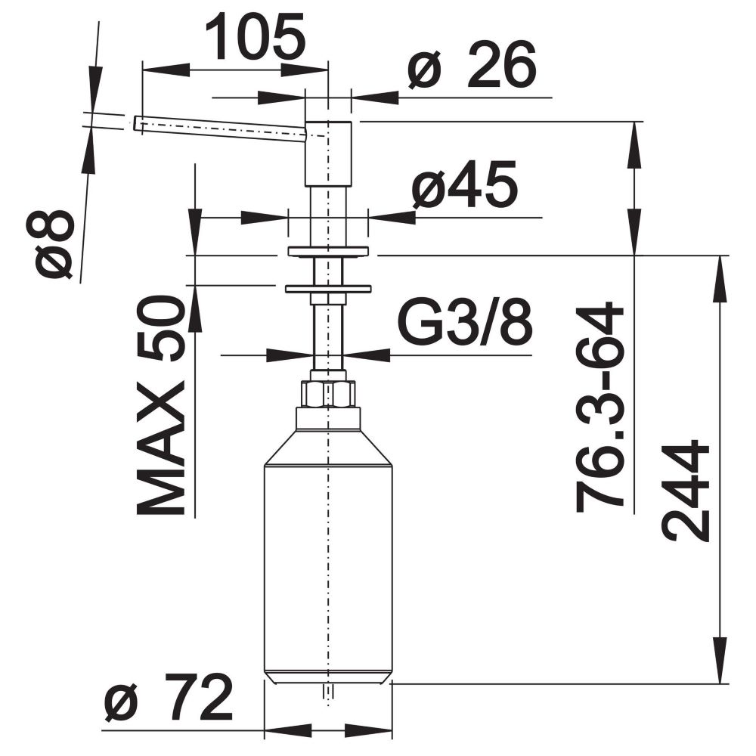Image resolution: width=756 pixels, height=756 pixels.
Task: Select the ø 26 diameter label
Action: pyautogui.click(x=472, y=65)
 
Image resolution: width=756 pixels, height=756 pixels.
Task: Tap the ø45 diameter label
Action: pyautogui.click(x=465, y=184)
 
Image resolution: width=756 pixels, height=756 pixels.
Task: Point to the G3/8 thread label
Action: pyautogui.click(x=465, y=321)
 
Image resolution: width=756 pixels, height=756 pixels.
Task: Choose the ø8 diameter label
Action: pyautogui.click(x=57, y=245)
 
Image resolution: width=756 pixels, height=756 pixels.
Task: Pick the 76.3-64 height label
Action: pyautogui.click(x=599, y=407)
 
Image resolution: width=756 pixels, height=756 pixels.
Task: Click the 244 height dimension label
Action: pyautogui.click(x=686, y=489)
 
